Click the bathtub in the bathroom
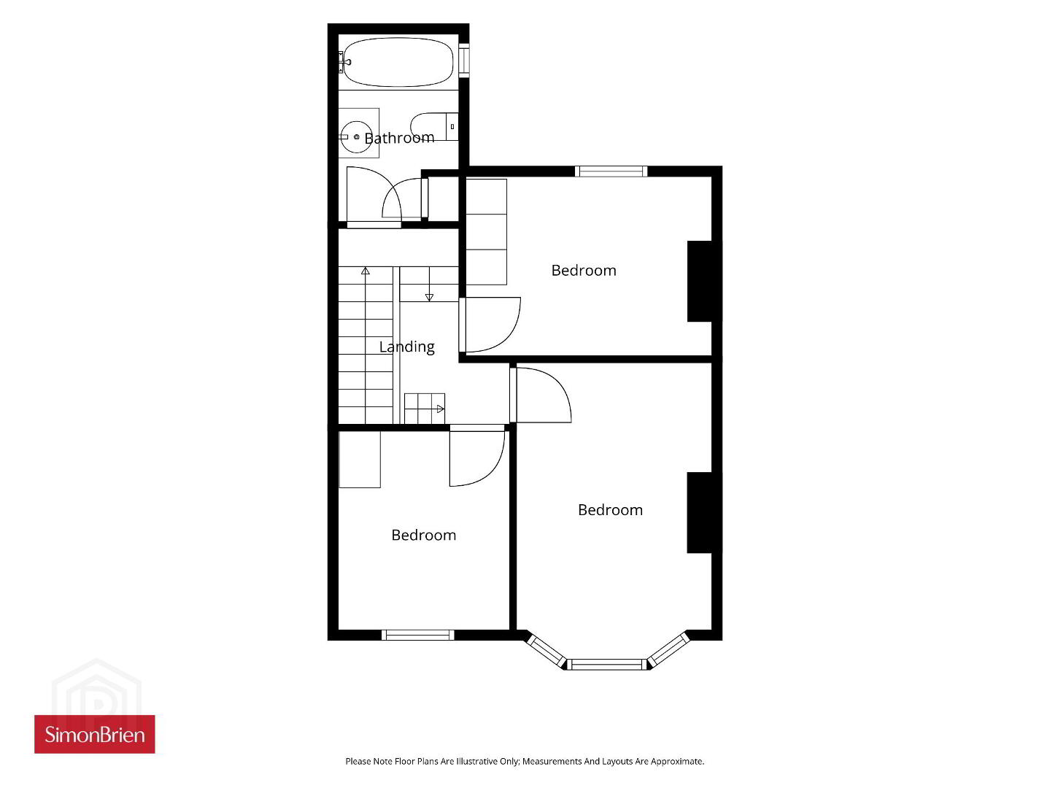(x=398, y=62)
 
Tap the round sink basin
(x=356, y=136)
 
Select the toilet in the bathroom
(x=434, y=126)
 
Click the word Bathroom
(x=399, y=138)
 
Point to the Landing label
(x=406, y=347)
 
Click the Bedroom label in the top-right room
(x=584, y=271)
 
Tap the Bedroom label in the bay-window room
(x=611, y=510)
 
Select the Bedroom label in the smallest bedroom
(x=424, y=535)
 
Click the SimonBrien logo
(x=95, y=734)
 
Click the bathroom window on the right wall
(x=464, y=61)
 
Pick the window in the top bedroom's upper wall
(x=611, y=171)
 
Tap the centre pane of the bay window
(x=606, y=664)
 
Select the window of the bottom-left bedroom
(x=417, y=635)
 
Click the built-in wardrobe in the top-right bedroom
(x=487, y=232)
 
